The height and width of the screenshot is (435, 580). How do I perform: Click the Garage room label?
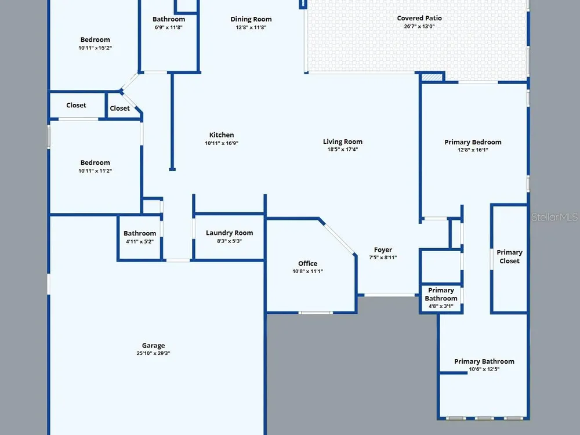153,346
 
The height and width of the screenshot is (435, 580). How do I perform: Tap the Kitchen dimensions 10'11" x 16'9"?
222,143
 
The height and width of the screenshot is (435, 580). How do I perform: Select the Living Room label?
343,142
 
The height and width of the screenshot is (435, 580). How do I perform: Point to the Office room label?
308,263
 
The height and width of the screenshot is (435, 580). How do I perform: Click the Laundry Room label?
229,233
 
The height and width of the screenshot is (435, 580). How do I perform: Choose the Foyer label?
383,249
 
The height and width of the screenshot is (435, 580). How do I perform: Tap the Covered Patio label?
419,18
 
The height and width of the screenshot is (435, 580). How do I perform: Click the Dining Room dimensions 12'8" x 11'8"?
251,27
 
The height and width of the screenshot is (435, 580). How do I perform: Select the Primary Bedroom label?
473,142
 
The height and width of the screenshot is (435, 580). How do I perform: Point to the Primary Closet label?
509,256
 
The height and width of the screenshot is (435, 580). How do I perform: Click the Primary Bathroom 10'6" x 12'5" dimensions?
484,369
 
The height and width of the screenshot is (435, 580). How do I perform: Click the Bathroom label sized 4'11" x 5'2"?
140,233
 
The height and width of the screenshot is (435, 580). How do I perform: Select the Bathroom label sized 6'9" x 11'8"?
169,19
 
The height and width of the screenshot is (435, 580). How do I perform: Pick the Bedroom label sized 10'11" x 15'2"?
95,40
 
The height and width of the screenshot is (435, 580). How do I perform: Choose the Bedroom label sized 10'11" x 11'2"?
95,163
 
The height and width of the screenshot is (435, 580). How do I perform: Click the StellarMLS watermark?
554,217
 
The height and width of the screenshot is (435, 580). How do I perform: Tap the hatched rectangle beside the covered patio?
432,77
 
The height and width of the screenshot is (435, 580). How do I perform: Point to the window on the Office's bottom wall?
316,313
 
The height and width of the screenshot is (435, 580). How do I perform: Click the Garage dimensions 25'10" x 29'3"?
153,353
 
